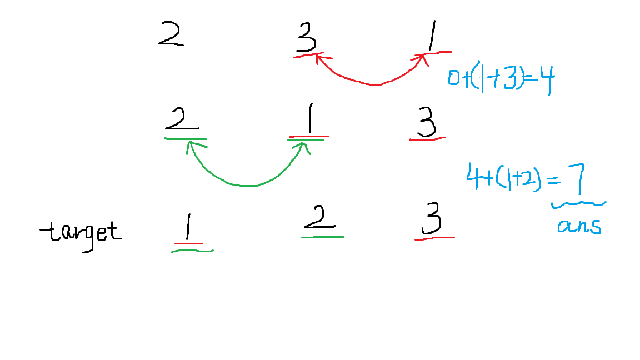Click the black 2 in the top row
(x=171, y=33)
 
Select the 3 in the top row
(x=307, y=37)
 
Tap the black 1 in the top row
(x=432, y=36)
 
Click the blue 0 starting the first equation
(x=453, y=78)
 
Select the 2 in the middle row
(x=182, y=119)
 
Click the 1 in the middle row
(x=310, y=118)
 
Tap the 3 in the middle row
(x=427, y=122)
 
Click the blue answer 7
(x=577, y=178)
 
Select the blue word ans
(x=579, y=226)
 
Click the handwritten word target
(x=81, y=233)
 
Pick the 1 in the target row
(x=188, y=227)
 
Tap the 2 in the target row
(x=319, y=217)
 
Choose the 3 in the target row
(x=432, y=219)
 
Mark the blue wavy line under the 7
(x=579, y=204)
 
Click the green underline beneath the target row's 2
(x=322, y=237)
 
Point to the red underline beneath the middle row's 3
(x=427, y=139)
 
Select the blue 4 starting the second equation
(x=473, y=176)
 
